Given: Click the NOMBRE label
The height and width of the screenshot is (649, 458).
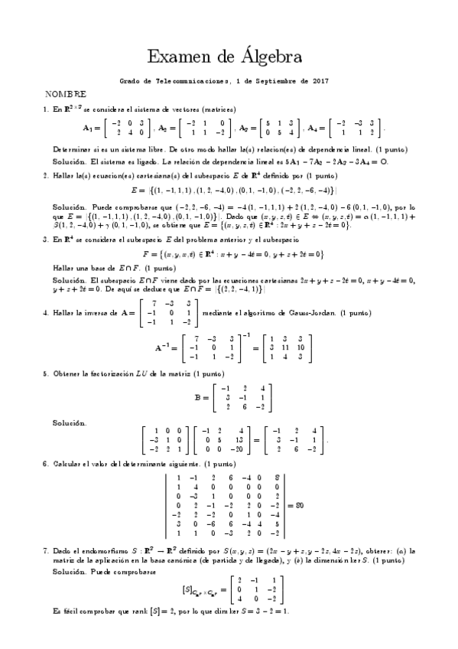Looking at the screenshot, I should pyautogui.click(x=65, y=94).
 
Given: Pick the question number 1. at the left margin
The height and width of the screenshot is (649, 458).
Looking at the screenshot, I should pyautogui.click(x=46, y=109).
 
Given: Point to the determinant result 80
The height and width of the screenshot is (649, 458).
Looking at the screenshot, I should pyautogui.click(x=300, y=506).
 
